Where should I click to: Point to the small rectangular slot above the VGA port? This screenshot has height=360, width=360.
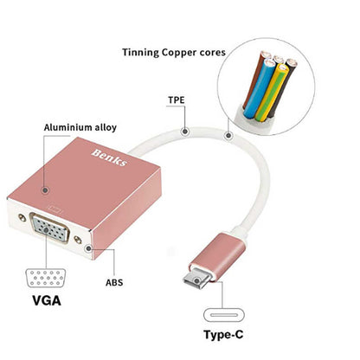click(58, 209)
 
